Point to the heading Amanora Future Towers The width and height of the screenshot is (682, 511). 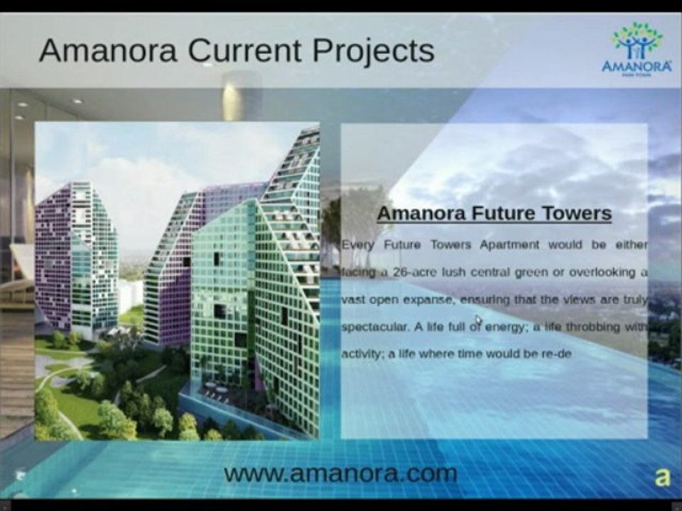click(494, 213)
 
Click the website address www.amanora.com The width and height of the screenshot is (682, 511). click(340, 473)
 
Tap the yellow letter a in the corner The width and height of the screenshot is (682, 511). click(662, 477)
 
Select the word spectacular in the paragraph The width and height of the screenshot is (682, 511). click(374, 327)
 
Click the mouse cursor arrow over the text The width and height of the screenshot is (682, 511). click(478, 321)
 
